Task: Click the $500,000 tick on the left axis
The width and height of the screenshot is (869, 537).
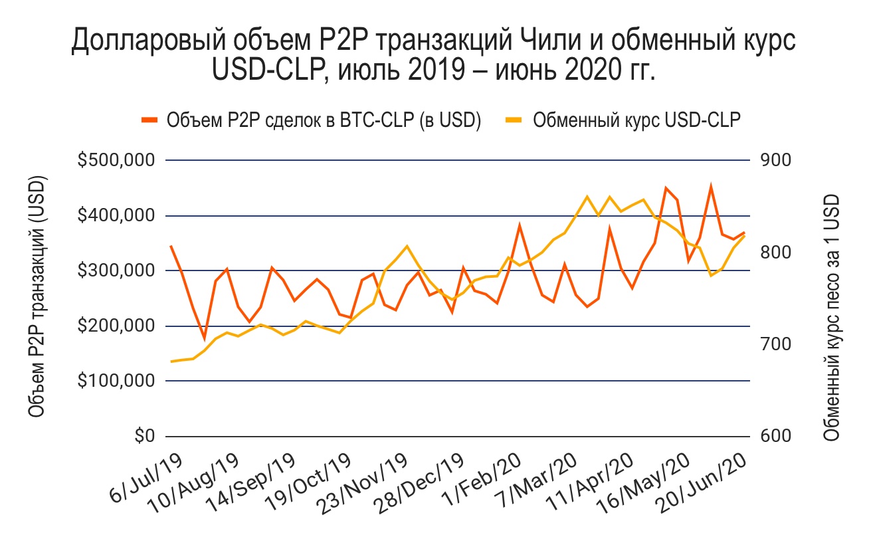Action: tap(118, 161)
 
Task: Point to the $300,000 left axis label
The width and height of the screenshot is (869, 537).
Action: tap(118, 271)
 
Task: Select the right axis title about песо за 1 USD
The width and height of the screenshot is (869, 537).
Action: tap(830, 318)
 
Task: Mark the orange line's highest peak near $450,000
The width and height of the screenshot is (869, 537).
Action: tap(711, 187)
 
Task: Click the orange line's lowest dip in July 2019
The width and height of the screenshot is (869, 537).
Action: tap(205, 339)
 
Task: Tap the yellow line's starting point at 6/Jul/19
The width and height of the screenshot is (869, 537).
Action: tap(171, 362)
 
